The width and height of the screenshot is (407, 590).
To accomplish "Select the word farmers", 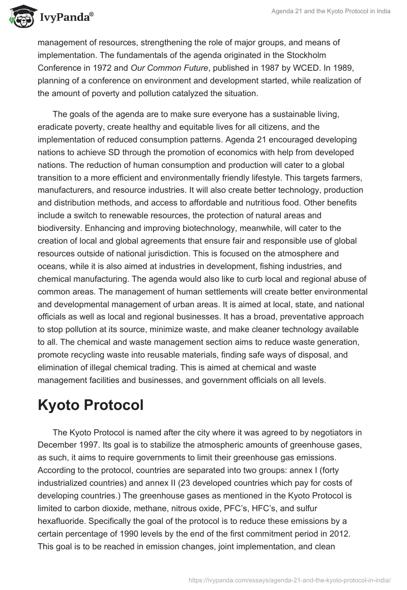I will pyautogui.click(x=348, y=177).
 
